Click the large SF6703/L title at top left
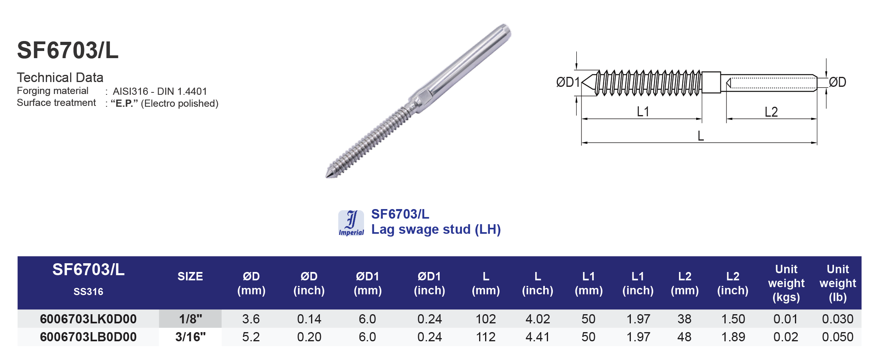click(x=68, y=51)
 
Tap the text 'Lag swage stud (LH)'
click(x=436, y=229)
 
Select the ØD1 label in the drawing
click(x=568, y=82)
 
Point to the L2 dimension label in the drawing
click(x=771, y=112)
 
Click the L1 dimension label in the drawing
click(x=643, y=112)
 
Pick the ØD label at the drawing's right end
click(x=837, y=82)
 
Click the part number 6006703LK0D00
click(x=88, y=319)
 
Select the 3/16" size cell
click(x=190, y=337)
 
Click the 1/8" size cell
click(x=190, y=319)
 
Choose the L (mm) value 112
click(x=485, y=337)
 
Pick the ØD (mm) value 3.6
click(x=251, y=319)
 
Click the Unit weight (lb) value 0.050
click(x=837, y=337)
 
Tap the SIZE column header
click(x=190, y=276)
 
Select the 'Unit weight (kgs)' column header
click(x=786, y=283)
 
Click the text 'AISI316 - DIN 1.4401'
click(x=160, y=92)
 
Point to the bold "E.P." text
click(x=124, y=104)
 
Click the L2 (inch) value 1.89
click(x=733, y=337)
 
